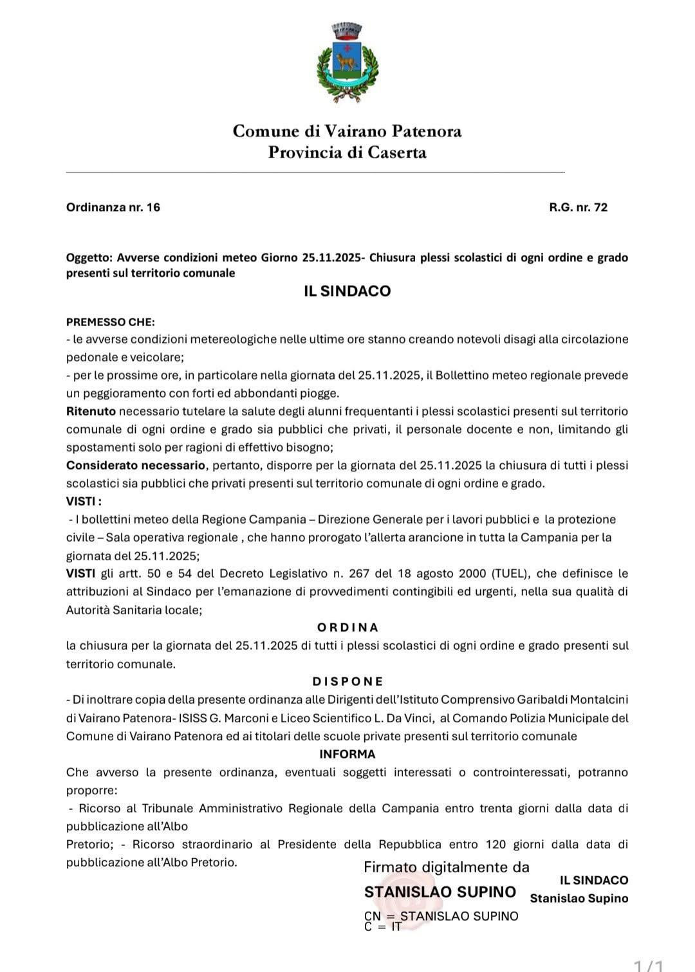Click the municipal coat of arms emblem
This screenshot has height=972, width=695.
[347, 63]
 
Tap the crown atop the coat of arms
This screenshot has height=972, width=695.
[347, 30]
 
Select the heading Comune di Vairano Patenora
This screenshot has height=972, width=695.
[347, 131]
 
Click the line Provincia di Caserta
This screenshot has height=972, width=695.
[347, 152]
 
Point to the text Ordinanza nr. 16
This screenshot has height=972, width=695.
[113, 207]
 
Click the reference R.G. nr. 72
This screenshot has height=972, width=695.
[578, 207]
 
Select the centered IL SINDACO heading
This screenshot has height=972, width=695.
[347, 291]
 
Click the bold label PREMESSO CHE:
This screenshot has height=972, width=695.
[111, 322]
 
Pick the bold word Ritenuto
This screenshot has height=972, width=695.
[91, 411]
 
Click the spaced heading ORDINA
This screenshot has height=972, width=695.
[347, 627]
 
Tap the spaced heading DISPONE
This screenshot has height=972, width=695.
[347, 681]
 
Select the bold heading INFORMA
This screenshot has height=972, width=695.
[347, 754]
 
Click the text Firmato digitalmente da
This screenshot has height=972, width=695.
[447, 867]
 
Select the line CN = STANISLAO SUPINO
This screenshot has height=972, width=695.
[441, 916]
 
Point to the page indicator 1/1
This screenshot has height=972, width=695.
[649, 965]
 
